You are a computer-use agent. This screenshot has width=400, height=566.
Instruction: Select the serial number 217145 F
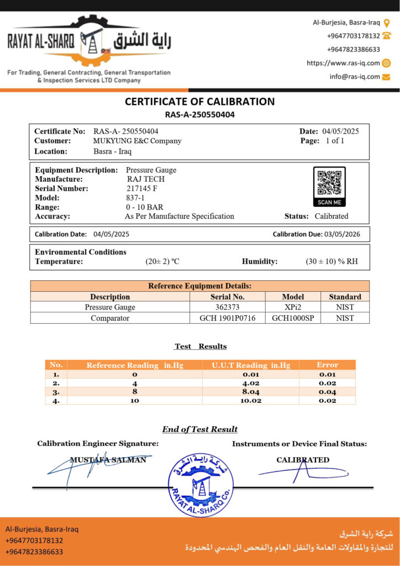(x=142, y=188)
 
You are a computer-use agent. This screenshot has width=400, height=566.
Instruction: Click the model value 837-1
(x=135, y=198)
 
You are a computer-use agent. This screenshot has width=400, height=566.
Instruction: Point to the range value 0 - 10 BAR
(x=144, y=207)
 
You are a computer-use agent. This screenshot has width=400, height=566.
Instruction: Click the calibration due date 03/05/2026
(x=342, y=234)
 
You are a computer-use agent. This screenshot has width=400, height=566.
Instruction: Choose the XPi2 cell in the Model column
(x=293, y=307)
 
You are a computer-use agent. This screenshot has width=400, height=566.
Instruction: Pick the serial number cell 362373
(x=227, y=307)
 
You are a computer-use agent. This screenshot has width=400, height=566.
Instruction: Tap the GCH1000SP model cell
(x=293, y=318)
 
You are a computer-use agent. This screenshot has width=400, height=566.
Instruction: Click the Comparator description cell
(x=110, y=318)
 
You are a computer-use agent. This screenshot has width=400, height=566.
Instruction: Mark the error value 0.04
(x=327, y=392)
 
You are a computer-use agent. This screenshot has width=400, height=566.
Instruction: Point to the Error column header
(x=327, y=365)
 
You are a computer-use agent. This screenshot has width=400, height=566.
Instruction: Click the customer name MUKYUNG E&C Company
(x=137, y=141)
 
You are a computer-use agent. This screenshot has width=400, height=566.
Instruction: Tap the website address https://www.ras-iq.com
(x=343, y=63)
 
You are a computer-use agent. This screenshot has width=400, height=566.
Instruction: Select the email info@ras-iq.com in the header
(x=355, y=77)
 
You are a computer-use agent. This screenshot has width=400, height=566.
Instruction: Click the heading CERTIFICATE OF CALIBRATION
(x=199, y=102)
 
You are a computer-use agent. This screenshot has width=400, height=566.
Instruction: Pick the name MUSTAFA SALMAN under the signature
(x=108, y=460)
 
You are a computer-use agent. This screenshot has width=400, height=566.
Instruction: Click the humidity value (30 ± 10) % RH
(x=331, y=261)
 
